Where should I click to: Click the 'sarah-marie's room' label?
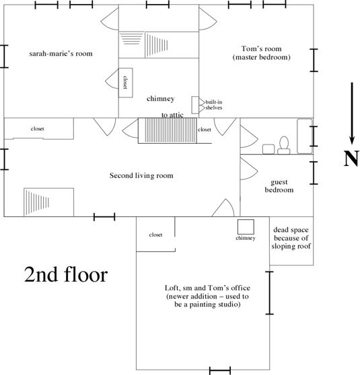coord(61,53)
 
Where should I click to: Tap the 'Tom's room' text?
coord(261,49)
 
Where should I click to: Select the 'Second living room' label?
coord(141,175)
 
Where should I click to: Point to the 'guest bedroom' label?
coord(279,186)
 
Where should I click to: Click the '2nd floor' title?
coord(66,274)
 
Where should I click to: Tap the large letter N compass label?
coord(351,159)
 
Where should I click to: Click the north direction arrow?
coord(352,114)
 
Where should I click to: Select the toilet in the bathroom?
coord(284,145)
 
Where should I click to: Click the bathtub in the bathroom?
coord(305,136)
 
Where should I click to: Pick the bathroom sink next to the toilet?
coord(268,149)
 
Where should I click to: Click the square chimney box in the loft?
coord(246,226)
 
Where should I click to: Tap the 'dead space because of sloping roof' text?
coord(291,238)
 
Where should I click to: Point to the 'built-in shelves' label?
coord(214,105)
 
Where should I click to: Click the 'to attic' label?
coord(172,115)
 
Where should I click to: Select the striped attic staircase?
coord(168,130)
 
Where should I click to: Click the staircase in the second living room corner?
coord(48,202)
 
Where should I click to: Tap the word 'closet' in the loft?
coord(155,235)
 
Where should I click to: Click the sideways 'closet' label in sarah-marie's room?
coord(125,82)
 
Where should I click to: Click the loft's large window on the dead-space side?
coord(270,293)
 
